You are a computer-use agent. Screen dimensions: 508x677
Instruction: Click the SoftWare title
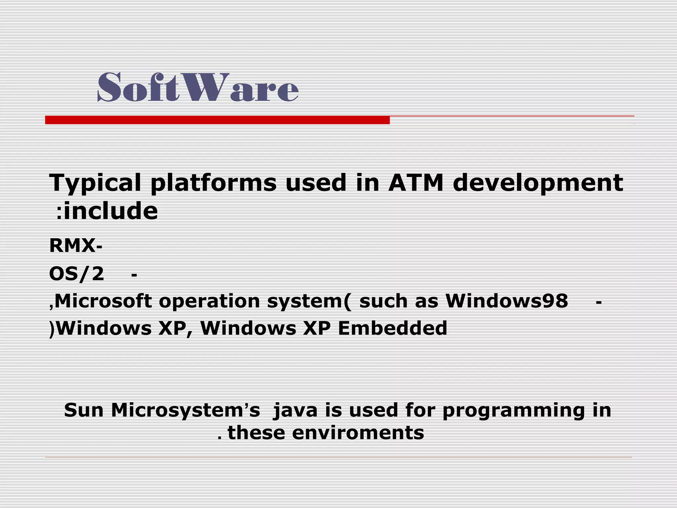tap(198, 87)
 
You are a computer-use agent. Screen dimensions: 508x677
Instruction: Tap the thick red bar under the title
tap(217, 120)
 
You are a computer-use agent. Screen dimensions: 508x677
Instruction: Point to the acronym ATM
tap(416, 183)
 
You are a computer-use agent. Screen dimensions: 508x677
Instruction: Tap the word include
tap(111, 211)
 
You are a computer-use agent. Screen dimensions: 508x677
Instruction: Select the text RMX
tap(72, 246)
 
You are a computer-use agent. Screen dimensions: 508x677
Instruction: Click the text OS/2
tap(76, 274)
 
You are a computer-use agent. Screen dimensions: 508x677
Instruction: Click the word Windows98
tap(506, 301)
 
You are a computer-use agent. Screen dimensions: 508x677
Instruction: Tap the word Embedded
tap(392, 328)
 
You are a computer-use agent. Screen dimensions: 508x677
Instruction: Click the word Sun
tap(84, 410)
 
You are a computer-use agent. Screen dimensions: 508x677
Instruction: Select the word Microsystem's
tap(185, 410)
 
